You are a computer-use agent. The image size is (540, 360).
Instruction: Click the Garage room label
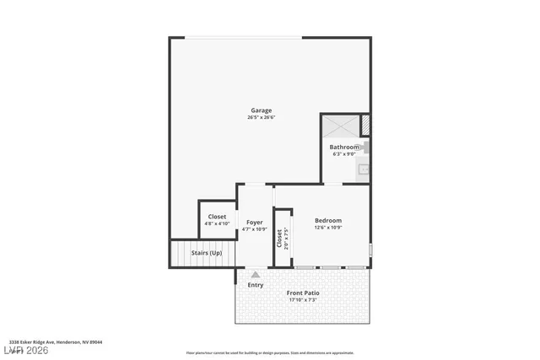[x=262, y=110]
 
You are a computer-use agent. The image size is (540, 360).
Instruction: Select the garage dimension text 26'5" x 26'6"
[x=262, y=117]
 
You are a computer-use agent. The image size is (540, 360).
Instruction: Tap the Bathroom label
[x=344, y=147]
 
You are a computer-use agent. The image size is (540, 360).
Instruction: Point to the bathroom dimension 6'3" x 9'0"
[x=343, y=154]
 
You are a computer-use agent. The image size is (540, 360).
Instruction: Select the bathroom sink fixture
[x=364, y=169]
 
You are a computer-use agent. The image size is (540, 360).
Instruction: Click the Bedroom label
[x=328, y=220]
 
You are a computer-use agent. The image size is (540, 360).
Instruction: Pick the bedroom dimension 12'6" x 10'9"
[x=328, y=228]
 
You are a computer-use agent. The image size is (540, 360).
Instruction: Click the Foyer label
[x=254, y=222]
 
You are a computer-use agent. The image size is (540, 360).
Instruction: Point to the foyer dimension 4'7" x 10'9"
[x=254, y=229]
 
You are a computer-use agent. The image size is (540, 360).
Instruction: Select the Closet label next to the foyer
[x=217, y=217]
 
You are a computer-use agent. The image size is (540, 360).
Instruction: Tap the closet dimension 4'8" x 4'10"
[x=217, y=224]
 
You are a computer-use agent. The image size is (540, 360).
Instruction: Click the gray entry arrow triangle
[x=255, y=274]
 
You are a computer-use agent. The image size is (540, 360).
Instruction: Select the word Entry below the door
[x=255, y=285]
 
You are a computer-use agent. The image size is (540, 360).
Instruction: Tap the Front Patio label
[x=302, y=293]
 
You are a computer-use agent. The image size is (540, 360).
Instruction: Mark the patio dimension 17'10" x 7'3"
[x=302, y=300]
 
